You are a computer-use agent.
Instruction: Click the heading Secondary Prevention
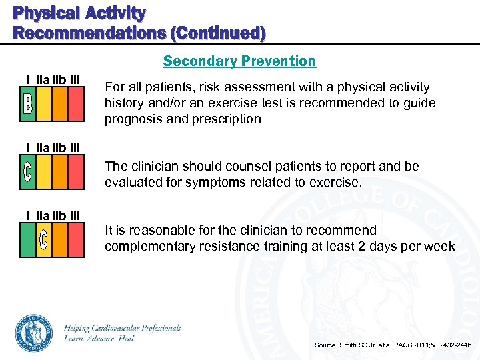click(239, 61)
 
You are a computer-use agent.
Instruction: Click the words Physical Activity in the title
click(79, 13)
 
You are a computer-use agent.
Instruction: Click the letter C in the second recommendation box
click(27, 172)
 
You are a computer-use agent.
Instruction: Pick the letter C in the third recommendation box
click(43, 239)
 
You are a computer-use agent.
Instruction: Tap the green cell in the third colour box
click(27, 239)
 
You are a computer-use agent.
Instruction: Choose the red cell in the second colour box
click(77, 172)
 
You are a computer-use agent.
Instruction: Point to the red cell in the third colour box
click(77, 239)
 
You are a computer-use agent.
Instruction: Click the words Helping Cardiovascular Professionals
click(123, 328)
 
